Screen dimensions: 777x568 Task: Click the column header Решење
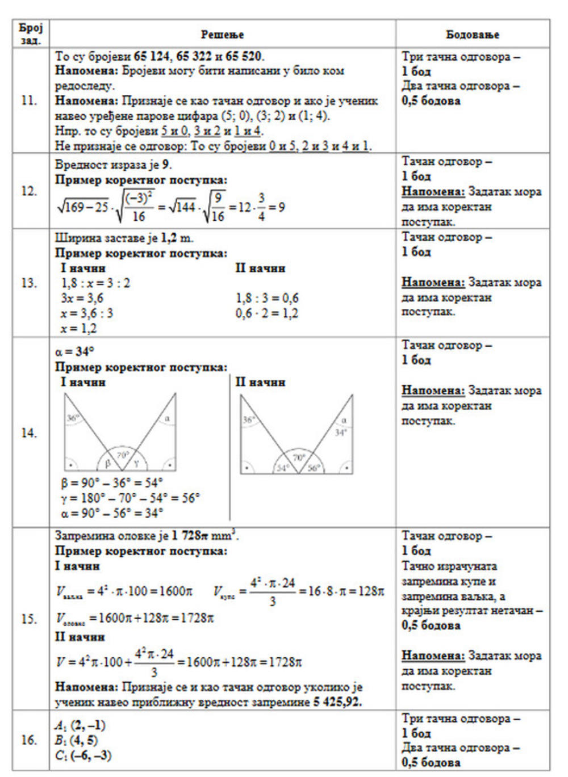pyautogui.click(x=222, y=35)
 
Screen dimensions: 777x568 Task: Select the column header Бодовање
pyautogui.click(x=473, y=35)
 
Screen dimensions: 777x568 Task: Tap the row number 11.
pyautogui.click(x=29, y=101)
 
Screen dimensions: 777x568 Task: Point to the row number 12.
pyautogui.click(x=29, y=191)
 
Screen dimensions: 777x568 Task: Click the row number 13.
pyautogui.click(x=29, y=283)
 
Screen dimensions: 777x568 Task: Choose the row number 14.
pyautogui.click(x=29, y=433)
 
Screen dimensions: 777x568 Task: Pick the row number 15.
pyautogui.click(x=29, y=619)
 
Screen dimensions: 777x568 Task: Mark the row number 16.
pyautogui.click(x=29, y=740)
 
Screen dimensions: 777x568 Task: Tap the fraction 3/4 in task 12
pyautogui.click(x=261, y=207)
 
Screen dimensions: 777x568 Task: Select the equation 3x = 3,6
pyautogui.click(x=82, y=298)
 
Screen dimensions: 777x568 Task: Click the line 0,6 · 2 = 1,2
pyautogui.click(x=267, y=313)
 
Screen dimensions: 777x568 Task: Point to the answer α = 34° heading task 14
pyautogui.click(x=74, y=352)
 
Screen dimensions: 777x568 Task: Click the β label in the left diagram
pyautogui.click(x=107, y=463)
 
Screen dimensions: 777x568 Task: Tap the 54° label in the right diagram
pyautogui.click(x=282, y=468)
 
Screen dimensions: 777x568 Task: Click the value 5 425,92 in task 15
pyautogui.click(x=337, y=702)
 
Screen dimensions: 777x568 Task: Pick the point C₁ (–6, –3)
pyautogui.click(x=83, y=755)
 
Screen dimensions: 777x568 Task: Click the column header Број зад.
pyautogui.click(x=31, y=34)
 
